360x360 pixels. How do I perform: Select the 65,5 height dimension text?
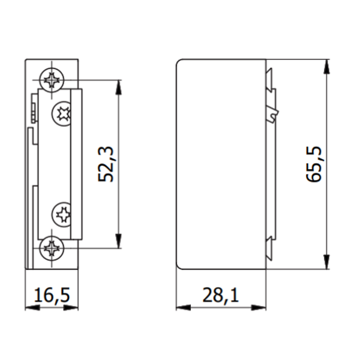coord(316,164)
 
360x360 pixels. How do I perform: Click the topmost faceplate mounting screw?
coord(52,79)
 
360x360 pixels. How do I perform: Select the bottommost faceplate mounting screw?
coord(52,247)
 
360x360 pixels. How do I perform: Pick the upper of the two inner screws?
coord(62,112)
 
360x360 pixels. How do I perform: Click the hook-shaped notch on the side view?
coord(274,113)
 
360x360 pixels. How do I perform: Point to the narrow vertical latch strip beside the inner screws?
coord(76,162)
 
